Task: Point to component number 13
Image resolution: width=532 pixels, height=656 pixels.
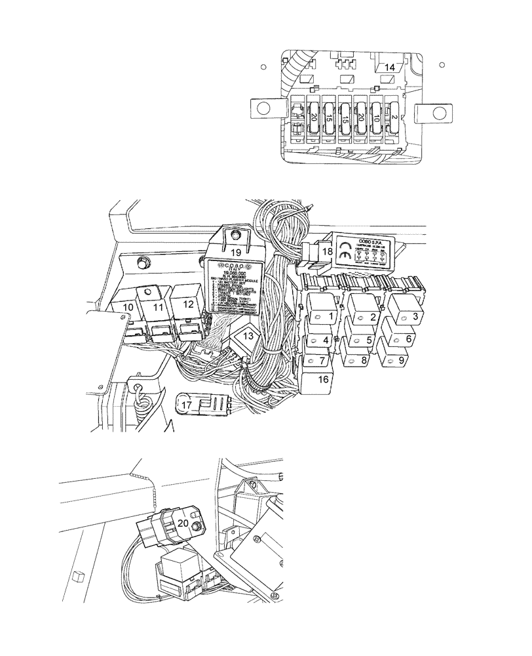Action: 244,337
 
